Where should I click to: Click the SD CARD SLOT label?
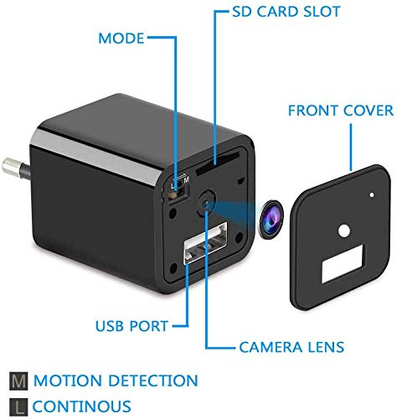tap(286, 12)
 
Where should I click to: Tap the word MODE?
tap(121, 39)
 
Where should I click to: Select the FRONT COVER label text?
tap(341, 111)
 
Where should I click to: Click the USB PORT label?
tap(131, 326)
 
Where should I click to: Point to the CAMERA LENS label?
tap(291, 347)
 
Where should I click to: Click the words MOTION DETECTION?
tap(116, 380)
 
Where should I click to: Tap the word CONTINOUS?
tap(81, 406)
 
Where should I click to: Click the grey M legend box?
tap(18, 381)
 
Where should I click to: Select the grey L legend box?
tap(18, 406)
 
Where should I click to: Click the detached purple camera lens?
tap(271, 219)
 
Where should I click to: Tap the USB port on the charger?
tap(205, 243)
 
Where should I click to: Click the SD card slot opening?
tap(218, 163)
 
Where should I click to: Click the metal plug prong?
tap(16, 168)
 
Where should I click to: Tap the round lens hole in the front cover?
tap(344, 231)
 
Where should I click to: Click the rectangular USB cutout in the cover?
tap(343, 264)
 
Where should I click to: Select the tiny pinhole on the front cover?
tap(372, 195)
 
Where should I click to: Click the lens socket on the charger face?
tap(206, 204)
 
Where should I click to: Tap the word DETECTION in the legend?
tap(153, 380)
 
